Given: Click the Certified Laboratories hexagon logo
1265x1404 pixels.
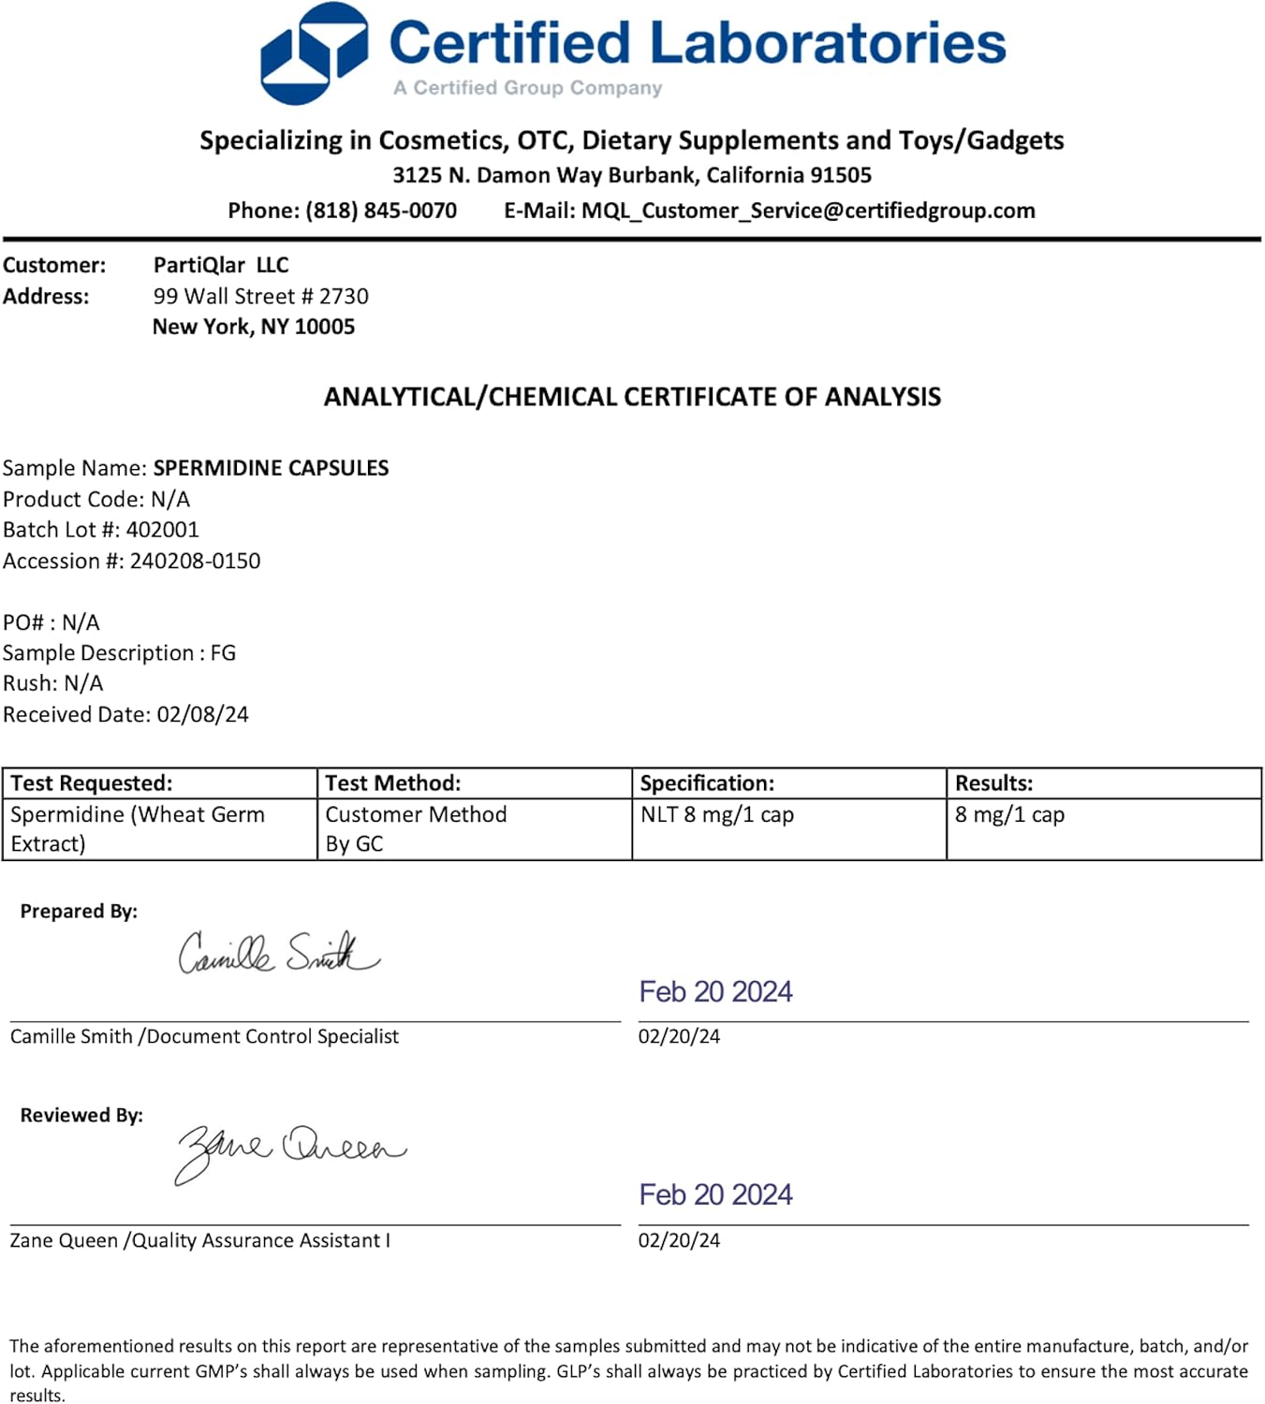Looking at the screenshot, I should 313,52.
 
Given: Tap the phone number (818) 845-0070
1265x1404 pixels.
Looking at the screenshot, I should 381,211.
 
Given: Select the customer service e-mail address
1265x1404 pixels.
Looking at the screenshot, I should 808,211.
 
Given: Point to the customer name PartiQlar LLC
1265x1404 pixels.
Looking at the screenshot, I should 221,265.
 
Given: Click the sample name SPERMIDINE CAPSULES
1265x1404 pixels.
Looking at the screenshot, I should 271,468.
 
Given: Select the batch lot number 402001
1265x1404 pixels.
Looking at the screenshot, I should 163,530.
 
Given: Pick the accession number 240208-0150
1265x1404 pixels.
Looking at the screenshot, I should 195,561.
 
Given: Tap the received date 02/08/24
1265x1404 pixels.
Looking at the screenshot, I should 202,714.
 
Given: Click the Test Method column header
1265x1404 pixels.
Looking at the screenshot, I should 393,783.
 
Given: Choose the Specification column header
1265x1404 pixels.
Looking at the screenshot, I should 707,783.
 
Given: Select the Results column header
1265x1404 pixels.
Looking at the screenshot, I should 993,783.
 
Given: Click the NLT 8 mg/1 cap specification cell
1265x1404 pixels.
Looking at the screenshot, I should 717,814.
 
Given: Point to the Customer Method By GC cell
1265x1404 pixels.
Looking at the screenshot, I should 416,828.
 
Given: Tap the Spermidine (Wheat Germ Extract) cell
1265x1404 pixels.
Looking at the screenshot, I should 138,828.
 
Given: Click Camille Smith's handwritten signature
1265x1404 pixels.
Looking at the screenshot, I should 278,953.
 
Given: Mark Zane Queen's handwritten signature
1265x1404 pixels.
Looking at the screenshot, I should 290,1150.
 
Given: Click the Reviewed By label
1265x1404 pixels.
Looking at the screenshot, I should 81,1115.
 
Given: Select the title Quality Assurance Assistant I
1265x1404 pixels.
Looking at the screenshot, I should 260,1240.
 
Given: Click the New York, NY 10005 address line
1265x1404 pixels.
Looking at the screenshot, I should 254,327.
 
